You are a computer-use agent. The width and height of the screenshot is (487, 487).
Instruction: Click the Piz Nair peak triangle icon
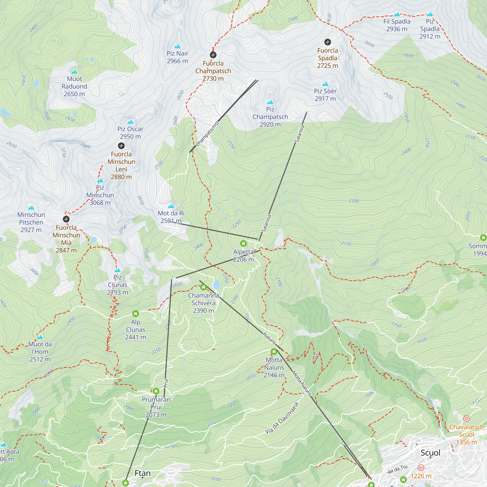(178, 46)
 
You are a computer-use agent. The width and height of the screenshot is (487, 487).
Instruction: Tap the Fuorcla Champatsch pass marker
(213, 55)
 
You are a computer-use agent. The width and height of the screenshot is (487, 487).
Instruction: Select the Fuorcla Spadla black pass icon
(328, 42)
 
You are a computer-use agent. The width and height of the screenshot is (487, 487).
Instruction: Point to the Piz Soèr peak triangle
(325, 84)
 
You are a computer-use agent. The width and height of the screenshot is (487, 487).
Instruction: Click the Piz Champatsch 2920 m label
(270, 117)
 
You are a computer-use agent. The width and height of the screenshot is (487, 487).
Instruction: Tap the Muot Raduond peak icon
(74, 72)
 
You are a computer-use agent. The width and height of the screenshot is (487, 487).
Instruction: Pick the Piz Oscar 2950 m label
(130, 133)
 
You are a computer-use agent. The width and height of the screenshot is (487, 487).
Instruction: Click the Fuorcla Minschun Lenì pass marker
(121, 146)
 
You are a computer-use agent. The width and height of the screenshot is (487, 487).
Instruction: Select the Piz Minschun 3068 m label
(100, 195)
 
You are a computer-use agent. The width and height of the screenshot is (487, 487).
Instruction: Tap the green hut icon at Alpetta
(243, 243)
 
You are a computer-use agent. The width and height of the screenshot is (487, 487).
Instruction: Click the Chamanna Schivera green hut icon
(203, 287)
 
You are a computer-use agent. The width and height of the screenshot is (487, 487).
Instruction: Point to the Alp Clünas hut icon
(136, 314)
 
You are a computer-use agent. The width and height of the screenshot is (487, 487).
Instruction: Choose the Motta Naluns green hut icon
(274, 351)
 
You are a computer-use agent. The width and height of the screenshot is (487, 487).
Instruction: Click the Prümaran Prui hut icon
(156, 391)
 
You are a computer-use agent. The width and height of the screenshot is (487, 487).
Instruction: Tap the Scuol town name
(430, 453)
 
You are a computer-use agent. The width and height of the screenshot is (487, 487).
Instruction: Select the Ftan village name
(143, 473)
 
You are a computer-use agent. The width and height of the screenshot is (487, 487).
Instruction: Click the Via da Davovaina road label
(281, 418)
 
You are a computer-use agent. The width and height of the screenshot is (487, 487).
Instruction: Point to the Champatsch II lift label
(207, 134)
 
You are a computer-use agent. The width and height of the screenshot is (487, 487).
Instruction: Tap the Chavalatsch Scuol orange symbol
(466, 419)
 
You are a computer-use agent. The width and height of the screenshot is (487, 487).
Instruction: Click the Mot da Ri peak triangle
(171, 206)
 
